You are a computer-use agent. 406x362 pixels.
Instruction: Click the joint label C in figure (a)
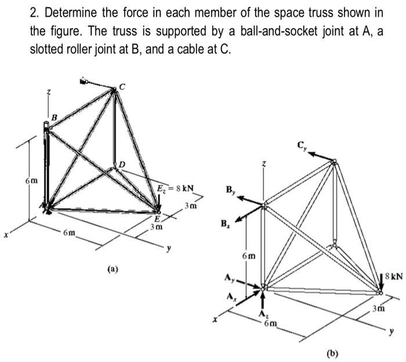[122, 87]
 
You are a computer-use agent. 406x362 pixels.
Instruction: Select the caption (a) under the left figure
[113, 269]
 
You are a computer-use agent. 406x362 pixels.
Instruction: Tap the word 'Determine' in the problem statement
[67, 12]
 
